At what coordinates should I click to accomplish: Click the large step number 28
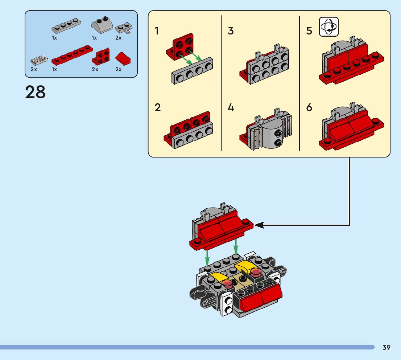pos(36,93)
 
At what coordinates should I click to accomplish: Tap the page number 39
pos(386,348)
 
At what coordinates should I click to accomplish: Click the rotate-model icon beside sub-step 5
pos(328,27)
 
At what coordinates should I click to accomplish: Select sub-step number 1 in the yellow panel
pos(157,31)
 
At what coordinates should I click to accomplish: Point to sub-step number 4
pos(231,108)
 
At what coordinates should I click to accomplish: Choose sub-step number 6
pos(309,108)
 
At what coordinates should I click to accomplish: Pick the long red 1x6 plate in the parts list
pos(72,55)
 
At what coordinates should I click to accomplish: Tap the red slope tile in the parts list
pos(123,58)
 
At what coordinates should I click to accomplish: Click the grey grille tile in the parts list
pos(39,60)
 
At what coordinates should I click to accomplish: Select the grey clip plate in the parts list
pos(123,28)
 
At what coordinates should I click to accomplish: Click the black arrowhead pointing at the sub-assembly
pos(259,225)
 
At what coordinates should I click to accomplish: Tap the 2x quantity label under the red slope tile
pos(119,69)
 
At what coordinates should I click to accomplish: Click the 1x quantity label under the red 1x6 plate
pos(54,69)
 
